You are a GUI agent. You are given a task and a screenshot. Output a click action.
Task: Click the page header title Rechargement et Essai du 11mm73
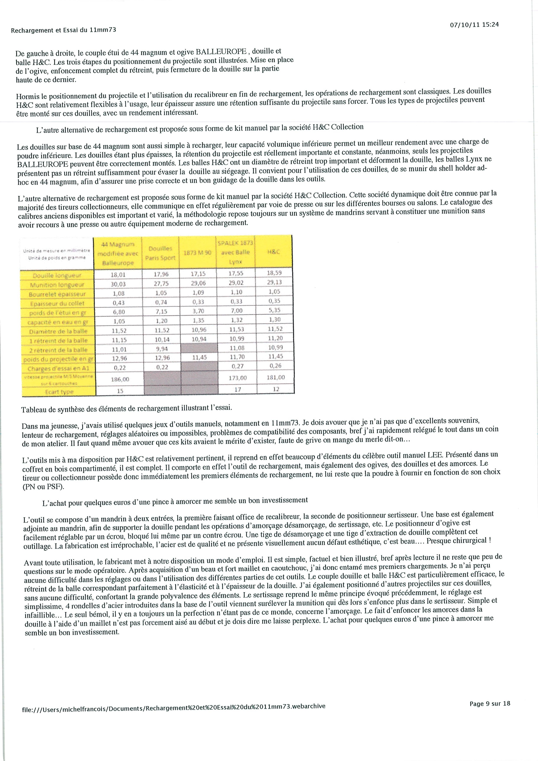[x=63, y=30]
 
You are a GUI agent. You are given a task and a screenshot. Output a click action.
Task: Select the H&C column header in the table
[x=274, y=252]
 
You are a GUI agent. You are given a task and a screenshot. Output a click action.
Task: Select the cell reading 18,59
[x=274, y=273]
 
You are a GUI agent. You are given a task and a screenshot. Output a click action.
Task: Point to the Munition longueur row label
[x=57, y=285]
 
